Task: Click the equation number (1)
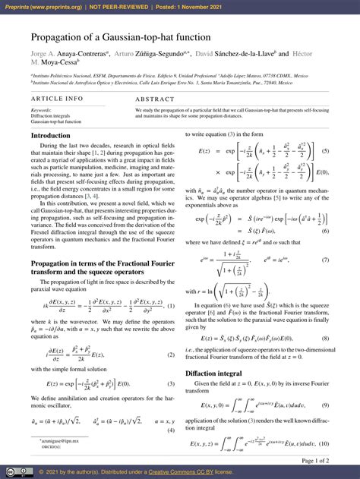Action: tap(171, 306)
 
